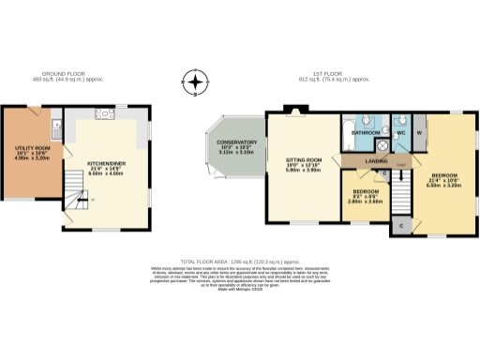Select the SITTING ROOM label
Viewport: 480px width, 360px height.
[303, 160]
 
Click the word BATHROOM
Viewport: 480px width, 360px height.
[366, 133]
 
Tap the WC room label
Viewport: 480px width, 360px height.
[399, 133]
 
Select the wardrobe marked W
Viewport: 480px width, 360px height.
[419, 132]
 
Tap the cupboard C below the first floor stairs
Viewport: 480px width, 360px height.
[400, 227]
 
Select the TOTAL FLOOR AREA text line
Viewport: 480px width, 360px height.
[240, 262]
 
